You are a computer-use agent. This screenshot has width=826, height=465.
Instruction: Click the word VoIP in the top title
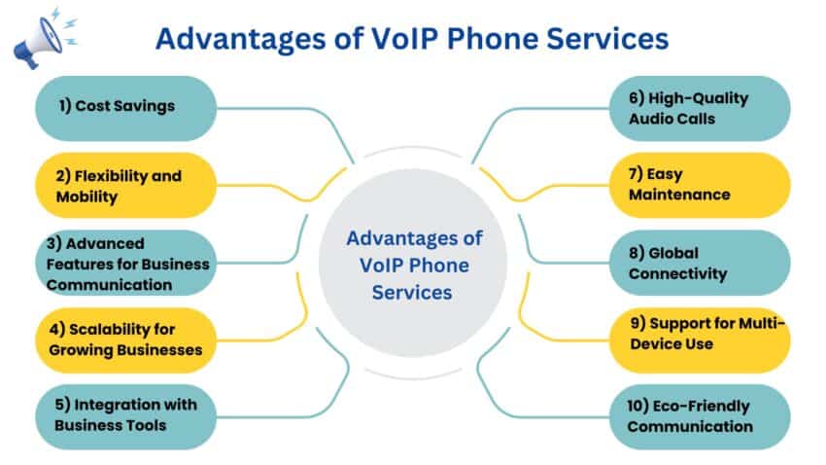[x=404, y=39]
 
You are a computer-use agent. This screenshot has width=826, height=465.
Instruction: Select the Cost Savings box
[x=126, y=108]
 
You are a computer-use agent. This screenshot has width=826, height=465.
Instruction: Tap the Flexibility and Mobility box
[x=126, y=185]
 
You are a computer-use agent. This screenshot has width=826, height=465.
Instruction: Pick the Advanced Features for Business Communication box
[x=126, y=263]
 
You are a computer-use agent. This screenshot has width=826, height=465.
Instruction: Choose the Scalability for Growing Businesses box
[x=126, y=340]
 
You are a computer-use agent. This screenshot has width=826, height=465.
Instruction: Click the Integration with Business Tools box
[x=126, y=416]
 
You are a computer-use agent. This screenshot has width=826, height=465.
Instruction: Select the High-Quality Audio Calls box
[x=700, y=108]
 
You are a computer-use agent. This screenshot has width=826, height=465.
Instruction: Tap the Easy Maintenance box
[x=700, y=185]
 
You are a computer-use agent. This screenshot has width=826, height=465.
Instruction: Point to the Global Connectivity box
[x=700, y=263]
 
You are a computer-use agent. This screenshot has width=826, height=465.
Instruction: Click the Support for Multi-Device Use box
[x=700, y=340]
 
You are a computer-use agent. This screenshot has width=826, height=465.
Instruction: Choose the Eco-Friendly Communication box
[x=700, y=416]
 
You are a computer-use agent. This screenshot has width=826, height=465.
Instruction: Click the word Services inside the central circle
[x=412, y=293]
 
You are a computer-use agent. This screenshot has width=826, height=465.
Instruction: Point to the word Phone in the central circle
[x=439, y=266]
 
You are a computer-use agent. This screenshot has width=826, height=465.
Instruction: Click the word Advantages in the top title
[x=241, y=40]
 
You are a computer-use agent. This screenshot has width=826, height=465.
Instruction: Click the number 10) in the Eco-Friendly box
[x=637, y=406]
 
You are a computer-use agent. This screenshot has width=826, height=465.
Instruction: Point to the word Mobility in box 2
[x=86, y=197]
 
